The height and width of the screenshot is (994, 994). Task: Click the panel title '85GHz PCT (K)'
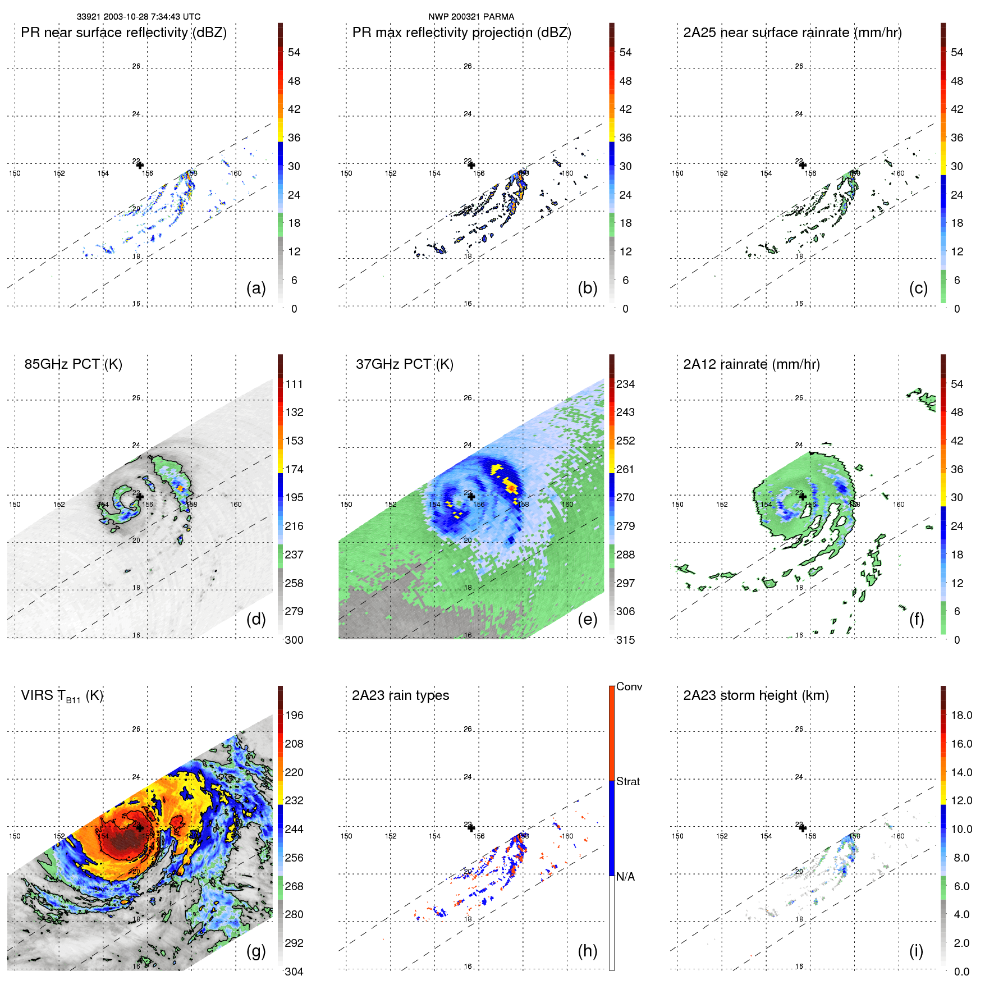pos(73,364)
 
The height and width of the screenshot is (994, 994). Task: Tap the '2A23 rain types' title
pos(400,695)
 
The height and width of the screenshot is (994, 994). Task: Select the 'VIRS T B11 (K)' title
pos(62,696)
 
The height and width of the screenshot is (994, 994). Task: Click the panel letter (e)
pos(587,619)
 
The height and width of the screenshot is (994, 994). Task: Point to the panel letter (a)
pos(256,288)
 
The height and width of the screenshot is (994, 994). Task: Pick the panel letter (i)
pos(916,951)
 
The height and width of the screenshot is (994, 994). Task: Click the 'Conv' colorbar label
pos(629,686)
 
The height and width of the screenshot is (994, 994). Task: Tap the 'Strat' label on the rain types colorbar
pos(627,781)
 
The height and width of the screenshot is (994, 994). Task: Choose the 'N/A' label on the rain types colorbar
pos(625,877)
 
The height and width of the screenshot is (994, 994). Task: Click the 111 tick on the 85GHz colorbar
pos(294,384)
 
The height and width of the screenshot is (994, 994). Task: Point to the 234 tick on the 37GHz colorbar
pos(625,384)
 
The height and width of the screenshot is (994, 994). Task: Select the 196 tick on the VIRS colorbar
pos(294,715)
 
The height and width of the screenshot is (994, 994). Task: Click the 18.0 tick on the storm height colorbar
pos(961,715)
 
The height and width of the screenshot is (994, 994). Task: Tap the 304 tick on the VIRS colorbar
pos(294,972)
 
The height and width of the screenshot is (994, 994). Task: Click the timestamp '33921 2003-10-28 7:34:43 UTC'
pos(139,17)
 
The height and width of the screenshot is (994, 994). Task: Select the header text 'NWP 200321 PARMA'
pos(471,17)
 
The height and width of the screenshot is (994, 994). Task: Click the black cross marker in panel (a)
pos(140,165)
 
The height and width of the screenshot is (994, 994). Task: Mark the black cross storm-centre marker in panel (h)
pos(471,828)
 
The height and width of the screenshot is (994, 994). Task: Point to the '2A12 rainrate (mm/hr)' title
pos(752,364)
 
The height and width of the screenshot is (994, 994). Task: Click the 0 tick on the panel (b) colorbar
pos(625,309)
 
